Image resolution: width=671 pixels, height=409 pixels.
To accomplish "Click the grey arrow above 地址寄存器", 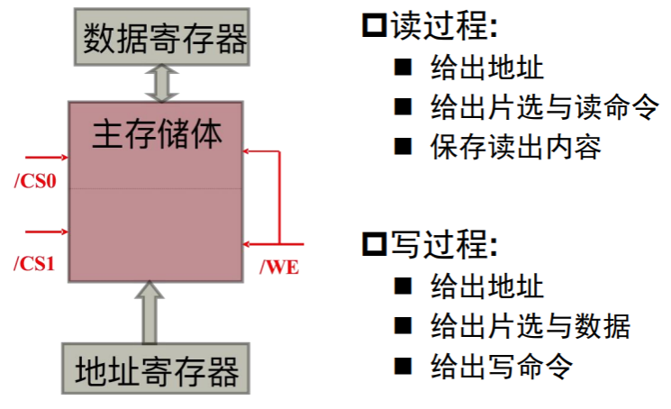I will tap(150, 311).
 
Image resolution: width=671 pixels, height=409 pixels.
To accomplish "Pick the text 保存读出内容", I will tap(516, 147).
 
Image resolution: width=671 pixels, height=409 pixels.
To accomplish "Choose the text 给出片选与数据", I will tap(530, 325).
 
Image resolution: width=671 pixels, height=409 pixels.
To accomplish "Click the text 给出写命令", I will tap(502, 366).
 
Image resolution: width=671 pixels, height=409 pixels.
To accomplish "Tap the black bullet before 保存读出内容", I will tap(402, 146).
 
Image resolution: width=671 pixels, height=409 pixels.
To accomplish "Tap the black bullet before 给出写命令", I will tap(402, 365).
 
